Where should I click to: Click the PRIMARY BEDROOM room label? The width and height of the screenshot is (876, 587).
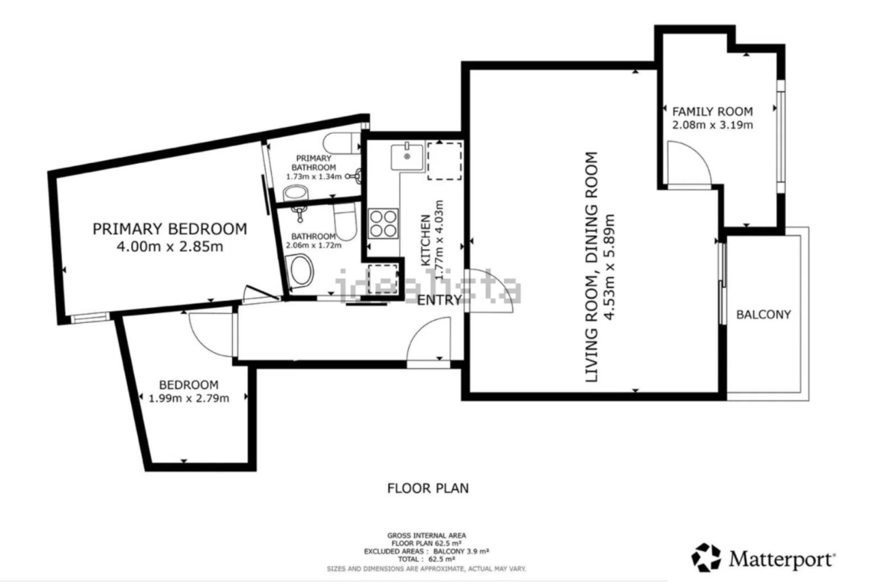click(170, 229)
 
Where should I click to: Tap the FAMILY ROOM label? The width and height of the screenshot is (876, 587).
click(712, 111)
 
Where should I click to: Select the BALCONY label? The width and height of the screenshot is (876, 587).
click(764, 315)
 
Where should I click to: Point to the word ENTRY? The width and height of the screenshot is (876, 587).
click(440, 300)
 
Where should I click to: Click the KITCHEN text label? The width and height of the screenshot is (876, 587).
click(425, 240)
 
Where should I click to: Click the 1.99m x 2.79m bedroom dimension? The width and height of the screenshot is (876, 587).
click(189, 399)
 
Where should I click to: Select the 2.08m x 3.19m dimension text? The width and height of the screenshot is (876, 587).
click(712, 125)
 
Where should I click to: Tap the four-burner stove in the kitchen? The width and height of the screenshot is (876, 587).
click(383, 223)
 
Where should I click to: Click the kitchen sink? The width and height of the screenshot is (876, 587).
click(407, 156)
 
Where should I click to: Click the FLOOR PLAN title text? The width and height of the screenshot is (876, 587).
click(428, 488)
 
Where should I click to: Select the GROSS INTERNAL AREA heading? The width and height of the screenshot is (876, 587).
click(427, 535)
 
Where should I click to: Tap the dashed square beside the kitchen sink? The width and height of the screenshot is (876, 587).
click(444, 161)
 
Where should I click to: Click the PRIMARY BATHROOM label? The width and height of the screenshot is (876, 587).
click(314, 163)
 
